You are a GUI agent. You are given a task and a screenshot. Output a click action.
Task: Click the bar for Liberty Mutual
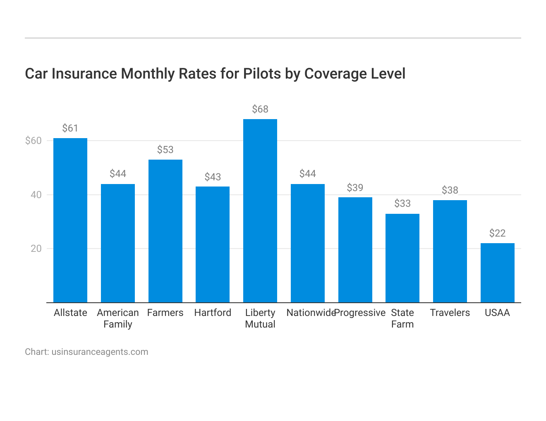point(260,211)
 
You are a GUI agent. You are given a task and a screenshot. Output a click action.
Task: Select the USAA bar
point(497,273)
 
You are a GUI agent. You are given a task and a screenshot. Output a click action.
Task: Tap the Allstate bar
point(70,220)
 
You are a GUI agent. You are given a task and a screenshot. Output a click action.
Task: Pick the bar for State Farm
point(402,258)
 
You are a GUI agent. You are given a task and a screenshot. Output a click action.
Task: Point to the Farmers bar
point(165,231)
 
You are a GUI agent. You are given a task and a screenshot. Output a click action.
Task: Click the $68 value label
point(260,109)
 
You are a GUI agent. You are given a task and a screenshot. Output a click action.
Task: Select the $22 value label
point(497,233)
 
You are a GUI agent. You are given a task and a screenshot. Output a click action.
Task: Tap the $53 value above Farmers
point(165,150)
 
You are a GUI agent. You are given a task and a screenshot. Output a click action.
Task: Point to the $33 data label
point(402,203)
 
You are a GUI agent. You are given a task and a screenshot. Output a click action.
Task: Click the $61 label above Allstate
point(70,128)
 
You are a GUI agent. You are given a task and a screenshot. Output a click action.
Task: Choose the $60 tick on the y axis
point(34,141)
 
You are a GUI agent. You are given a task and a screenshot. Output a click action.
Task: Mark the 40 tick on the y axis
point(36,195)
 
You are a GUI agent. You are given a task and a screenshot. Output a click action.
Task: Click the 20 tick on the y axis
point(36,249)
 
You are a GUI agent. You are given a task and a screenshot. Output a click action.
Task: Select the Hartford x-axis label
point(213,313)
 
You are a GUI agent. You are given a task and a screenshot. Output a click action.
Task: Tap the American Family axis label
point(118,318)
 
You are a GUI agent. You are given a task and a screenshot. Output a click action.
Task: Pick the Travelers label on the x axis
point(450,313)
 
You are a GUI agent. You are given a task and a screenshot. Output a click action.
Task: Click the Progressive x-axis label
point(360,313)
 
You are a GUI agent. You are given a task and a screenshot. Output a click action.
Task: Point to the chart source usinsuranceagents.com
point(100,352)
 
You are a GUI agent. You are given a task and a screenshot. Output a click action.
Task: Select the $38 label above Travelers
point(450,190)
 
